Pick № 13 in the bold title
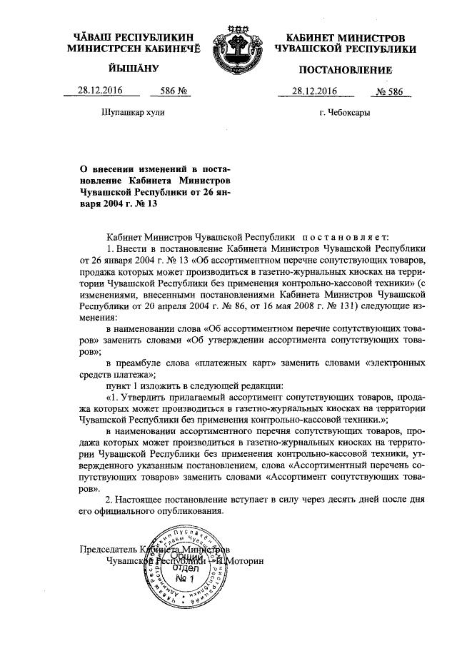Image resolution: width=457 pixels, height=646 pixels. (x=145, y=203)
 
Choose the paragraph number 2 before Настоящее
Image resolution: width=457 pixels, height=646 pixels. (x=108, y=499)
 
